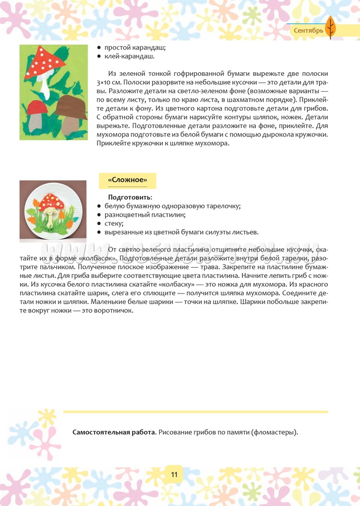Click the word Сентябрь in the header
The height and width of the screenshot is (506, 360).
[308, 31]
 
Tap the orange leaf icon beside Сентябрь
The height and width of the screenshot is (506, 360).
[330, 27]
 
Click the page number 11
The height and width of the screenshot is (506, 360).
[174, 474]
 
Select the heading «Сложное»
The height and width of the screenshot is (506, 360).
[127, 180]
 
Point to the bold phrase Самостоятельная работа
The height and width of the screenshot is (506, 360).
[114, 433]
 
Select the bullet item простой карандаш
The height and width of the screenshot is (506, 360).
[135, 47]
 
